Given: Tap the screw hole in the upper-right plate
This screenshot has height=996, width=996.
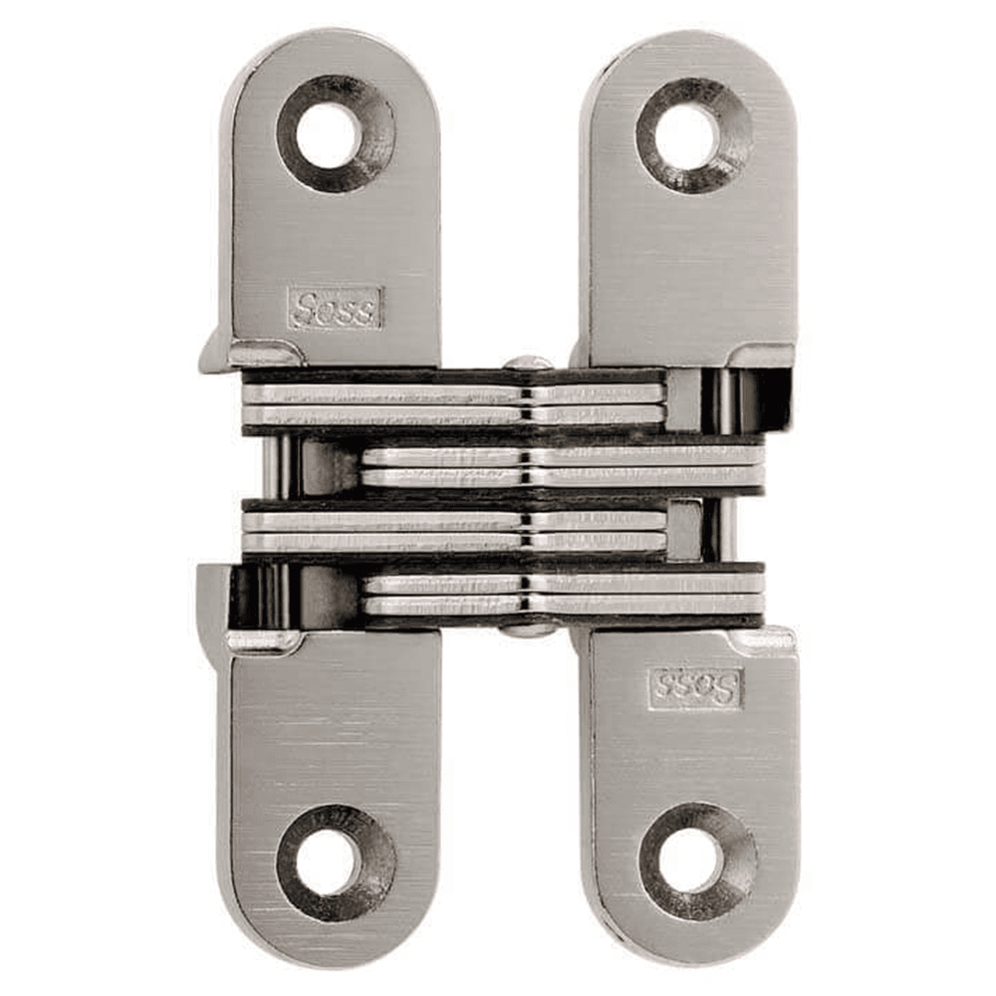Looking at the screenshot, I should (x=685, y=134).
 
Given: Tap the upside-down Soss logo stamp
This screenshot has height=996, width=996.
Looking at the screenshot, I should (x=695, y=688).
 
